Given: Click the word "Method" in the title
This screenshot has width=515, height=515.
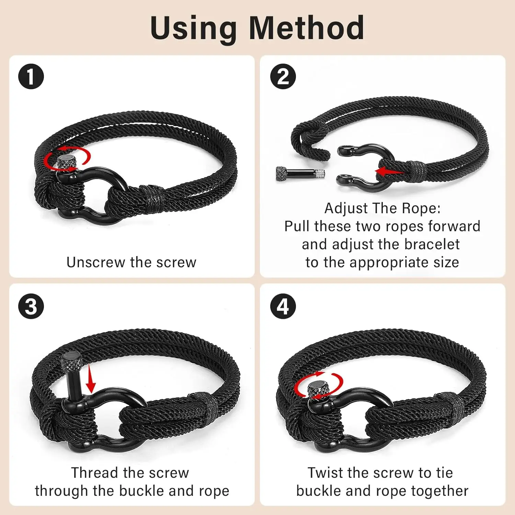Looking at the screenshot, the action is [306, 28].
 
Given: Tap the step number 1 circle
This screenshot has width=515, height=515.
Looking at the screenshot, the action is [31, 76].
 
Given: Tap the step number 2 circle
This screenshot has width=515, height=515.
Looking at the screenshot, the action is [283, 76].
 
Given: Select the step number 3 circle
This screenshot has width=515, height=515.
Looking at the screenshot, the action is [31, 306].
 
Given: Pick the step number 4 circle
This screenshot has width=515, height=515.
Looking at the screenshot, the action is [283, 306].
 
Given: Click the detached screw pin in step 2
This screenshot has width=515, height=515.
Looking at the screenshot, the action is [300, 173].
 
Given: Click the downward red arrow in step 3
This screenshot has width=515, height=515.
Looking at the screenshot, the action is [91, 379].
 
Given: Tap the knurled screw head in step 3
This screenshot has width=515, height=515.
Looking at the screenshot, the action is [71, 360].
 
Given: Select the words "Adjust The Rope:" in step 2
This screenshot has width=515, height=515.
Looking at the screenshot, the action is [382, 208].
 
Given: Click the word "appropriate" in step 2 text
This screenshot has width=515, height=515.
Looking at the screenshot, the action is [389, 263].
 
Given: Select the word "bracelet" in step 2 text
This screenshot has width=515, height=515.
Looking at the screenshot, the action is [432, 244].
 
